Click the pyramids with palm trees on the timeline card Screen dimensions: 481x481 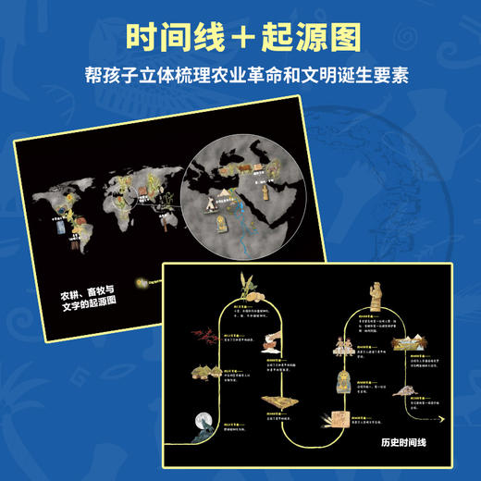411,351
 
